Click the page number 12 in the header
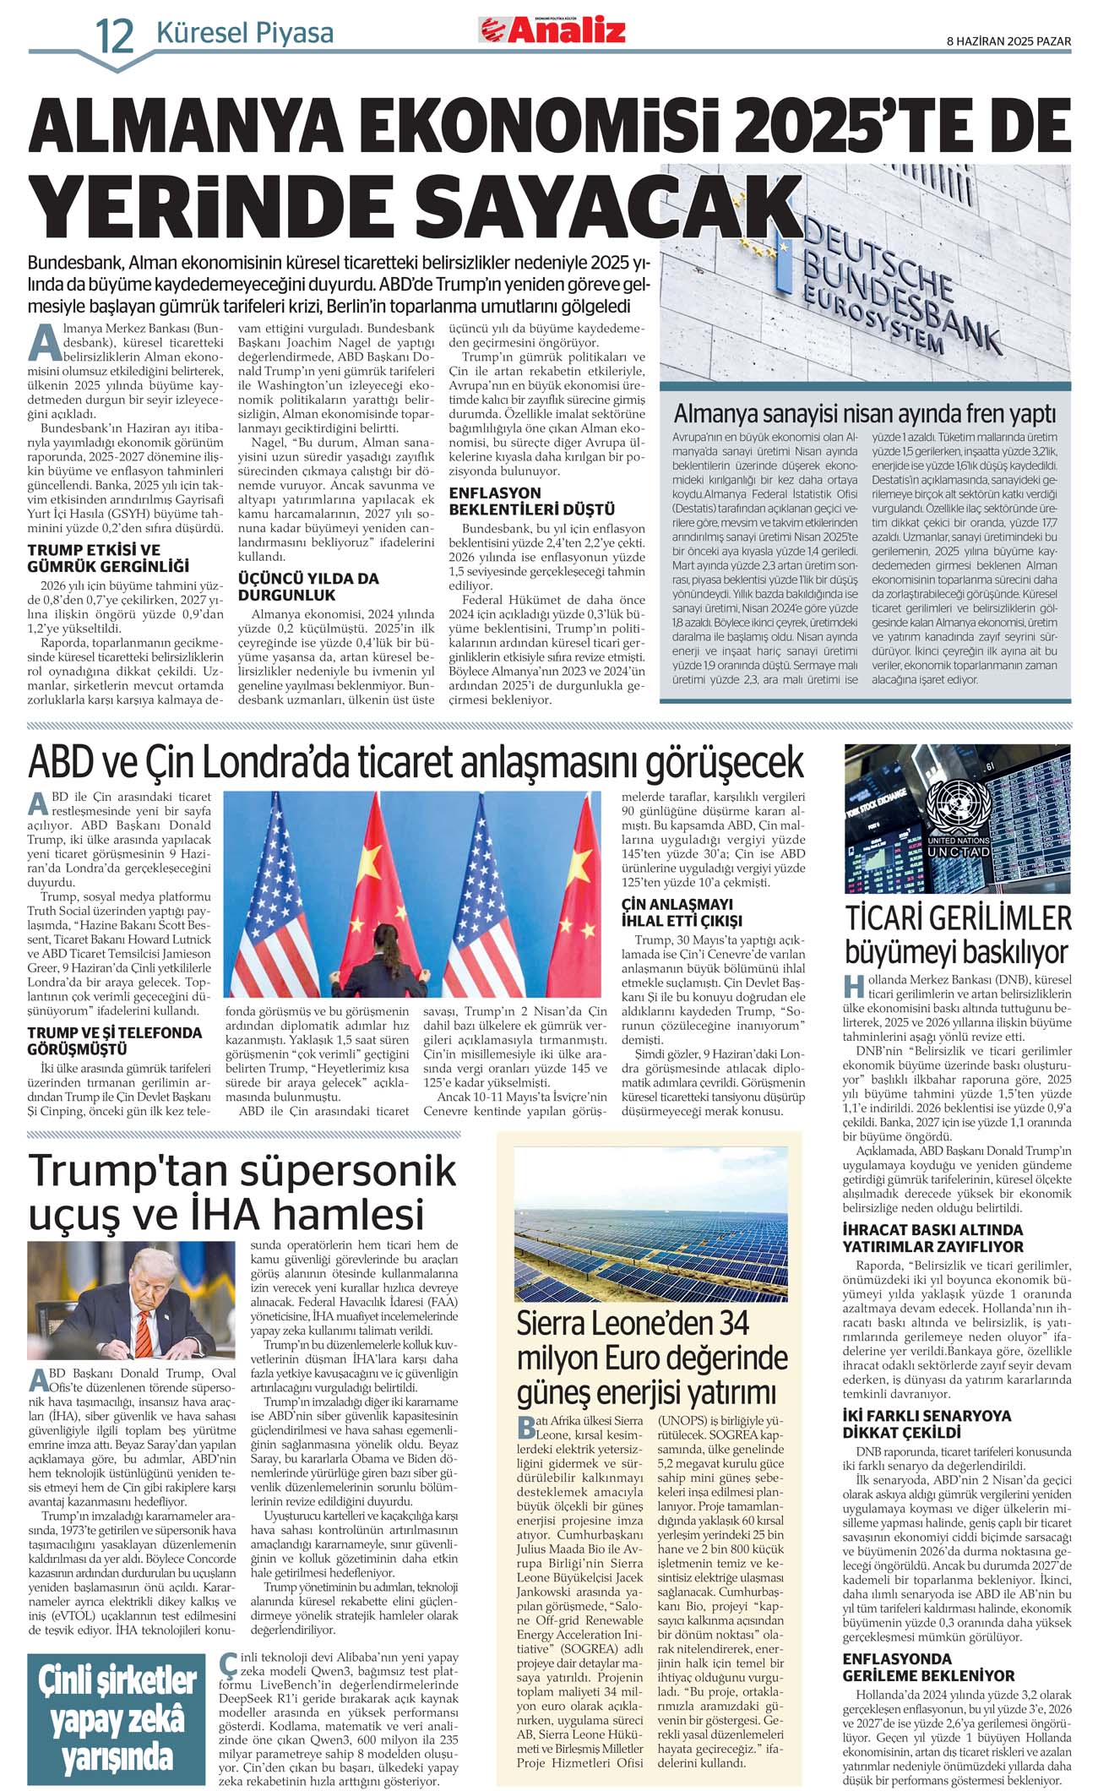coord(114,35)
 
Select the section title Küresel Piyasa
coord(245,34)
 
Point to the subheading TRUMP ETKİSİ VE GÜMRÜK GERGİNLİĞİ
coord(108,558)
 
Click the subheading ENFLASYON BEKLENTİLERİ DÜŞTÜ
coord(531,501)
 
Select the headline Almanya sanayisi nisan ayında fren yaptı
coord(865,414)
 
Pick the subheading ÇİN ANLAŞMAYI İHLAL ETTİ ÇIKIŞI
coord(682,912)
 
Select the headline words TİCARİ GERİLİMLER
coord(958,918)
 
